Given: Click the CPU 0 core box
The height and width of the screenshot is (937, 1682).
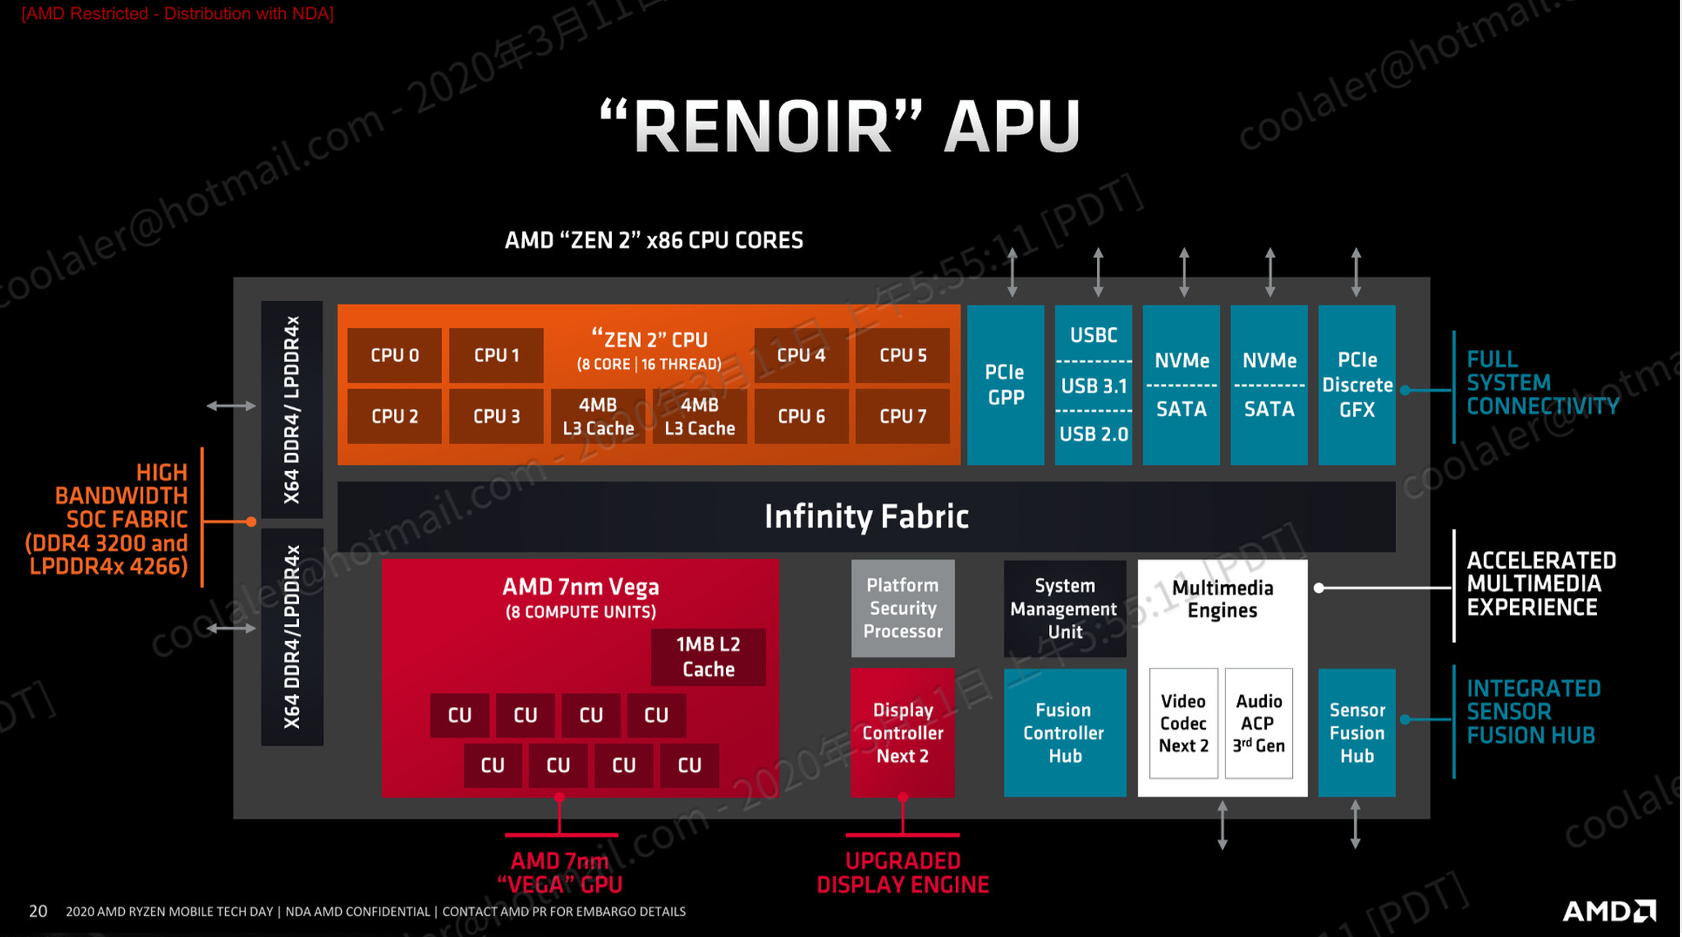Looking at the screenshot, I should [x=394, y=355].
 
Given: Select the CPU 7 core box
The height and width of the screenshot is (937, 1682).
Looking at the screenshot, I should [x=902, y=416].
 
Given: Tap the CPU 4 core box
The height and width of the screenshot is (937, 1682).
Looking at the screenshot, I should [x=801, y=355].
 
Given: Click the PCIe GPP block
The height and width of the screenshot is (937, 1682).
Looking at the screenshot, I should [x=1005, y=385].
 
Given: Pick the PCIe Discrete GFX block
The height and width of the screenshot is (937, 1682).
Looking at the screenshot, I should [x=1357, y=385].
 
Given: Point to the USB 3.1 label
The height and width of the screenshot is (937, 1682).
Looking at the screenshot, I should [x=1093, y=386].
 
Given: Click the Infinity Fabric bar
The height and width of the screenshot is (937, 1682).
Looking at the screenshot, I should [x=866, y=517].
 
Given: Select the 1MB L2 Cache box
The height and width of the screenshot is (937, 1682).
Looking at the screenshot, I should [x=708, y=657].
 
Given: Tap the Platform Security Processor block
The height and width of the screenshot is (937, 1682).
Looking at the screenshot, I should [x=902, y=608].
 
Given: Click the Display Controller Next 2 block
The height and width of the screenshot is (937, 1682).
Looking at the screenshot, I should [x=902, y=733].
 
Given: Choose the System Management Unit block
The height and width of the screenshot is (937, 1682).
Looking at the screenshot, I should [x=1064, y=608].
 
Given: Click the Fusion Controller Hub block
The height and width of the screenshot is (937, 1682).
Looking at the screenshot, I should [x=1064, y=733].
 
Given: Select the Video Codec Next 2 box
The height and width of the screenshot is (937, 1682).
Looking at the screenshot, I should [x=1183, y=724].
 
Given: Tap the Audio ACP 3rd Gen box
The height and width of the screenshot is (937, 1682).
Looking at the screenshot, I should [x=1259, y=724].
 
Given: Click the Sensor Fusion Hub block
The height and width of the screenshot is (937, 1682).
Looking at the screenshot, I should [x=1357, y=733].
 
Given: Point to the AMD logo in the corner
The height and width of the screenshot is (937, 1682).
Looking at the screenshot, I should [x=1609, y=911].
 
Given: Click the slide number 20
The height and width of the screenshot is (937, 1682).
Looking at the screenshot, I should [x=38, y=911].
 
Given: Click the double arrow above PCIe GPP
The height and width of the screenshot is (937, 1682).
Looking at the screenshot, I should [x=1012, y=272].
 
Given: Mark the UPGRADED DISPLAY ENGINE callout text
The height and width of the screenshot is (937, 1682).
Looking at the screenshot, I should [x=902, y=872].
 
